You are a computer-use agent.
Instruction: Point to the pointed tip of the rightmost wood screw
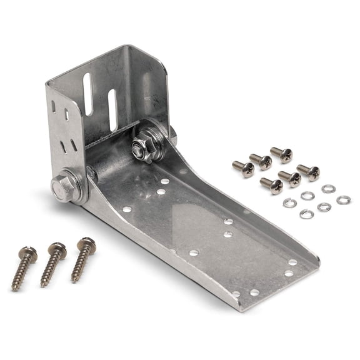74,279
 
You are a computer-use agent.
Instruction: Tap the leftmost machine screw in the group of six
242,167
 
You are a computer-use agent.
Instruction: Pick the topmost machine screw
281,154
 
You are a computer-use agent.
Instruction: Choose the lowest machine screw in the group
271,185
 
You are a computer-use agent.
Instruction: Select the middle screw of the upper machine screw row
261,161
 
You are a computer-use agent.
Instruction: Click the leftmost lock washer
289,202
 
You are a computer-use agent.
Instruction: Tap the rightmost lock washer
343,200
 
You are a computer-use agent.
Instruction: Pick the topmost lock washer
328,188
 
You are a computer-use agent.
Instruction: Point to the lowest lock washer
306,214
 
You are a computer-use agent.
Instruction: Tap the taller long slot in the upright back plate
87,94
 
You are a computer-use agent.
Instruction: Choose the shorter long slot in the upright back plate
112,109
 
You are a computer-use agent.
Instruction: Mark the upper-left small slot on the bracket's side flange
53,107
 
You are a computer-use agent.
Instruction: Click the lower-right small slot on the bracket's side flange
74,145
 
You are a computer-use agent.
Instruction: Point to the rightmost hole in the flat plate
292,262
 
